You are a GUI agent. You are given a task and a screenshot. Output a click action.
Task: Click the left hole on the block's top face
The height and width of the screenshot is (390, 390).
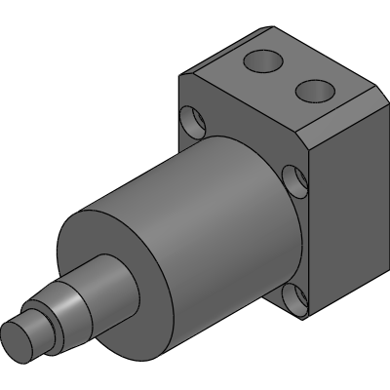262,62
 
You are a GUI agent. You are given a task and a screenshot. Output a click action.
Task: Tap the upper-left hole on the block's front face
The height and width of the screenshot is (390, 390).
192,120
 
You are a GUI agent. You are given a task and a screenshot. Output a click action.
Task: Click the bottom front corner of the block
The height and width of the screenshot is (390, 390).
303,320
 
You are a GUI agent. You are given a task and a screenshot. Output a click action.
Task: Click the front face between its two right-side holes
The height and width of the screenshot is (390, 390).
295,239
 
